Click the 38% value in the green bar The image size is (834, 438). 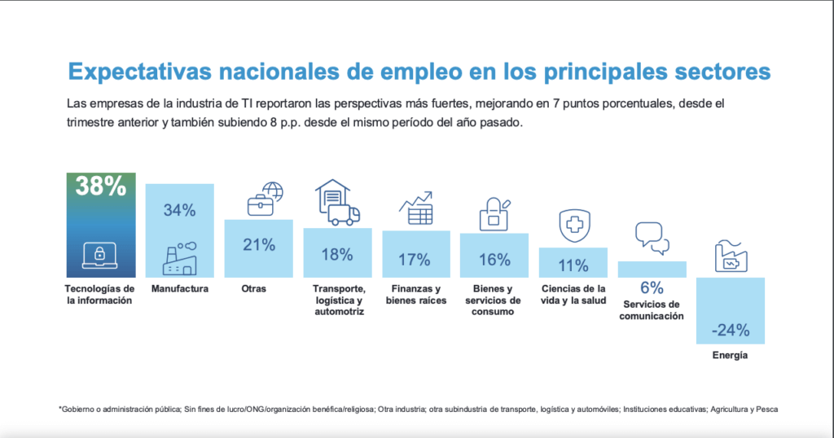(x=100, y=186)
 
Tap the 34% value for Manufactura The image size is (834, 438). (x=179, y=210)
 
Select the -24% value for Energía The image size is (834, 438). (x=730, y=331)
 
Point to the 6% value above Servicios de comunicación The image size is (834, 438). (x=652, y=287)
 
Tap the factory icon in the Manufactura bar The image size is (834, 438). (x=179, y=258)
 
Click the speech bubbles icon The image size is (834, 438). (x=652, y=238)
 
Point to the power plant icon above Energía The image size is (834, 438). (x=731, y=257)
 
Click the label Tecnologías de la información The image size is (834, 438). (x=99, y=295)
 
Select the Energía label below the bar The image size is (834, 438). (x=730, y=356)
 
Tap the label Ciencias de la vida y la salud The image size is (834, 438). (x=573, y=295)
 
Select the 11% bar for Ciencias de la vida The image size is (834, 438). (x=573, y=265)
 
